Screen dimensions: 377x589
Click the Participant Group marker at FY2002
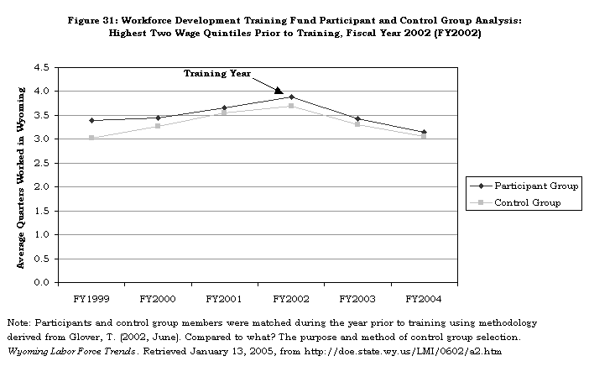click(291, 97)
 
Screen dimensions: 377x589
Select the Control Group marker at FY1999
click(91, 138)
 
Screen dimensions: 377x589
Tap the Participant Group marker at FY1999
click(91, 120)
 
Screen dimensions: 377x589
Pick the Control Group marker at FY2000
click(158, 126)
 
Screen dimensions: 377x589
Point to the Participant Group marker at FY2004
click(424, 132)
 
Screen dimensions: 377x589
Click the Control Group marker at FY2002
click(291, 106)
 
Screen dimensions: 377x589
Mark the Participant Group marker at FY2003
click(357, 118)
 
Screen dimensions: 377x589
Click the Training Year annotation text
click(217, 74)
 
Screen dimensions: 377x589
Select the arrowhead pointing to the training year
click(279, 90)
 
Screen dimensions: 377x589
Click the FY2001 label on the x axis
click(224, 298)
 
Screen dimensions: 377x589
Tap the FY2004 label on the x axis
click(424, 298)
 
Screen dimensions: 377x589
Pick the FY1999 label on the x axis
click(91, 298)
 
